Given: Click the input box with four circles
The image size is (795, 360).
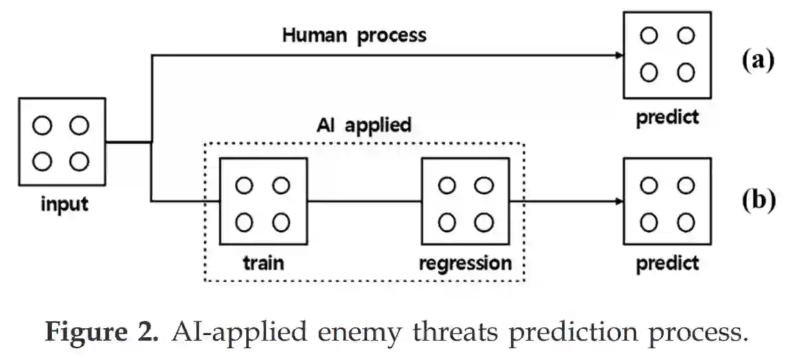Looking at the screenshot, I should point(62,143).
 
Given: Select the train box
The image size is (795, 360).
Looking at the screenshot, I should point(262,202).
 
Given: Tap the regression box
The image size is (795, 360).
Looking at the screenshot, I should point(465,202).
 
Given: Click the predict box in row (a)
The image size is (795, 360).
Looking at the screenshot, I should point(666,55).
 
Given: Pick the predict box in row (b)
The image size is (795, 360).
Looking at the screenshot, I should point(666,202).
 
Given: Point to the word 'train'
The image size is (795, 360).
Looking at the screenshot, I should point(263,263).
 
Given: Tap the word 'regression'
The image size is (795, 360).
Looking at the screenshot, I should point(465,263).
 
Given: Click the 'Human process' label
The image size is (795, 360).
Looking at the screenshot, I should point(354,35).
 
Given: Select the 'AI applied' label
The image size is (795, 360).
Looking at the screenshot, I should point(364,124).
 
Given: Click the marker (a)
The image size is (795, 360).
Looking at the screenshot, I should point(758,60).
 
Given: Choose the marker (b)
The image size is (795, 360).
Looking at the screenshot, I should point(758,200).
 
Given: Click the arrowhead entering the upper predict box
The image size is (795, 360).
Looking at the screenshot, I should point(617,55).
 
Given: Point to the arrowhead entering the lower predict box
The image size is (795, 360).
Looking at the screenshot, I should point(617,202).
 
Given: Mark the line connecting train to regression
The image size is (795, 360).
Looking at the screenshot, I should point(364,202).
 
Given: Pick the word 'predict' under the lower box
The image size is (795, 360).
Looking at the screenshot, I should point(667,263).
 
